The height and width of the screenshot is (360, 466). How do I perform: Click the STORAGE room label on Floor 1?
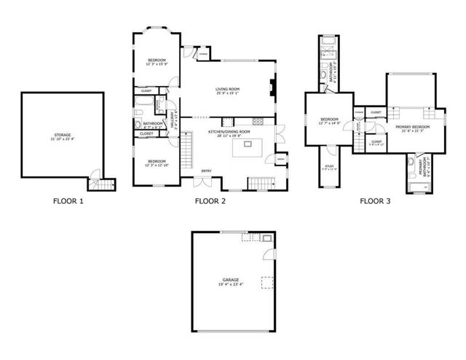point(63,135)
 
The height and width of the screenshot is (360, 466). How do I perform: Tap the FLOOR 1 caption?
point(69,200)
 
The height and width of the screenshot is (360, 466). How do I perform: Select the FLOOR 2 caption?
point(211,200)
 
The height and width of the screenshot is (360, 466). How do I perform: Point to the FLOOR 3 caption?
point(376,200)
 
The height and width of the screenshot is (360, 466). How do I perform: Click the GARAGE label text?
point(231,280)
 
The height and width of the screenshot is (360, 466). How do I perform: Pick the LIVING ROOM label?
point(228,89)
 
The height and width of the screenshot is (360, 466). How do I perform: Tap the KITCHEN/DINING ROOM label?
point(229,131)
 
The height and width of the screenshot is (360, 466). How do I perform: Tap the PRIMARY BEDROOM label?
point(413,127)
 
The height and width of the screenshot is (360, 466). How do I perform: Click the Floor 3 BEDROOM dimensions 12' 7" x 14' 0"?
point(329,123)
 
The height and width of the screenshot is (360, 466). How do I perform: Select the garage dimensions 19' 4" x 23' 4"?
point(231,284)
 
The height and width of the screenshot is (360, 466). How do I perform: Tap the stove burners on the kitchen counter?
point(256,120)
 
